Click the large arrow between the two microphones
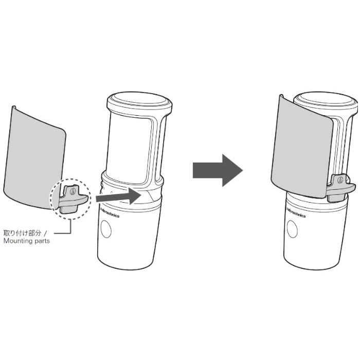click(x=218, y=170)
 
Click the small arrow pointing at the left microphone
click(x=118, y=196)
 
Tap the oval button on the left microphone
click(x=106, y=229)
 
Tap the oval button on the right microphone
click(x=292, y=229)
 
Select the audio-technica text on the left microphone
click(x=109, y=212)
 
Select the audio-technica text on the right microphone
click(x=296, y=212)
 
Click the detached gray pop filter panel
click(x=34, y=158)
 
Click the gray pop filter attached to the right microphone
click(x=302, y=147)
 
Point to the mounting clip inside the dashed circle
click(x=73, y=199)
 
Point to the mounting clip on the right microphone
click(x=340, y=188)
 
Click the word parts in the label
click(x=42, y=241)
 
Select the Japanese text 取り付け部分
click(x=22, y=233)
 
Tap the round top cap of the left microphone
click(x=139, y=100)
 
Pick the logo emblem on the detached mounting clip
click(x=73, y=191)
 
